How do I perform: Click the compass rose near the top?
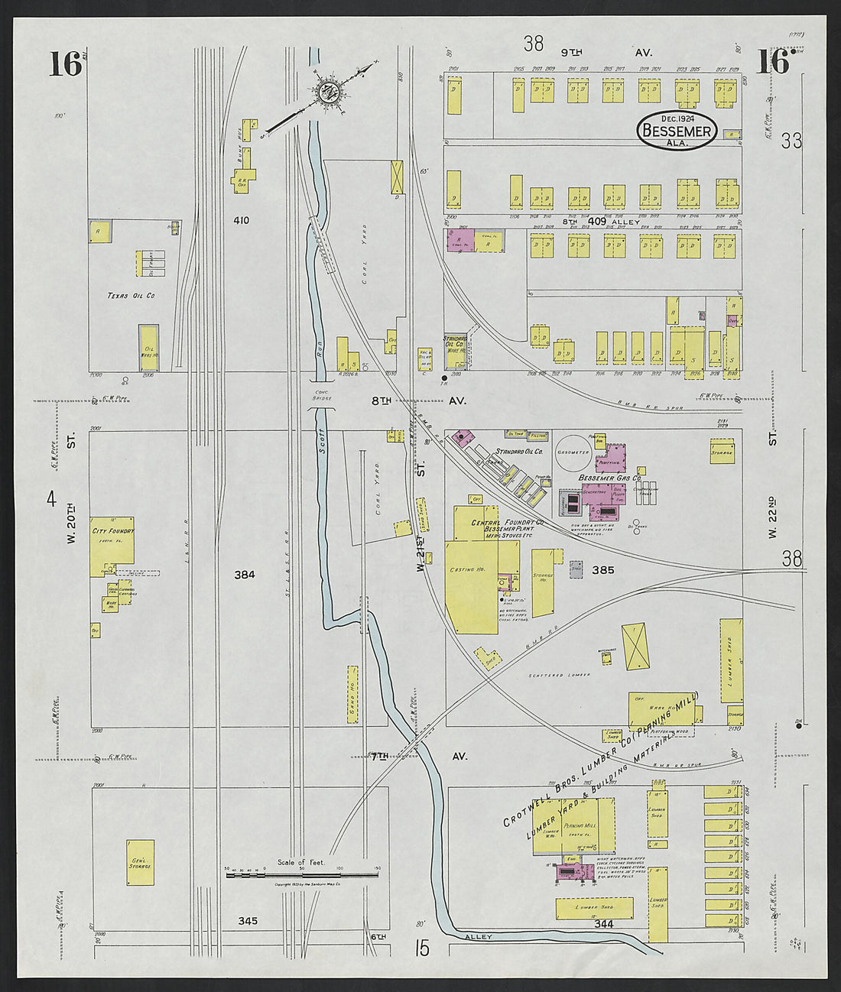pyautogui.click(x=329, y=91)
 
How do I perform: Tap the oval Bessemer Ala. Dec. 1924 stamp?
pyautogui.click(x=677, y=131)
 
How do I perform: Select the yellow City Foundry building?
pyautogui.click(x=112, y=546)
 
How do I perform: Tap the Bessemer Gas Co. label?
pyautogui.click(x=609, y=478)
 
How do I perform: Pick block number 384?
pyautogui.click(x=245, y=575)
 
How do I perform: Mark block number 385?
pyautogui.click(x=602, y=569)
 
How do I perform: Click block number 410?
pyautogui.click(x=241, y=221)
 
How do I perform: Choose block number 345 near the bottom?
pyautogui.click(x=247, y=921)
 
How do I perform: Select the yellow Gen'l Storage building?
pyautogui.click(x=140, y=862)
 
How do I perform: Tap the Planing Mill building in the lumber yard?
pyautogui.click(x=584, y=825)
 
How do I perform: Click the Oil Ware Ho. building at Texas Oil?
pyautogui.click(x=149, y=348)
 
